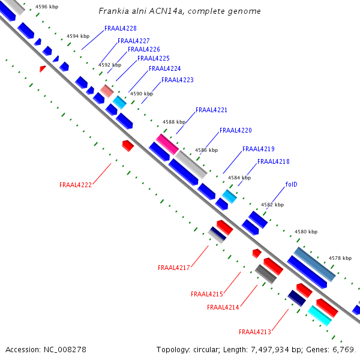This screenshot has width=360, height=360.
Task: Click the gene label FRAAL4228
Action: pyautogui.click(x=121, y=28)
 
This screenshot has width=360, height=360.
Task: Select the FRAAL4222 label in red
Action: pyautogui.click(x=76, y=185)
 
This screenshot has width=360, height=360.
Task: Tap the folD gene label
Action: pyautogui.click(x=291, y=184)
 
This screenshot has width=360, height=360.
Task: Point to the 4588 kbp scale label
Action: pyautogui.click(x=174, y=122)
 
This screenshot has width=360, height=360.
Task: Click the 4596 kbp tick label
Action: pyautogui.click(x=47, y=7)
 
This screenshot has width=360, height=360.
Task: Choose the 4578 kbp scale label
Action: pyautogui.click(x=340, y=258)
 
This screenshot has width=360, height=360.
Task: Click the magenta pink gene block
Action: pyautogui.click(x=167, y=144)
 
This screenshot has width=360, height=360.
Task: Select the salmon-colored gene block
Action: pyautogui.click(x=107, y=91)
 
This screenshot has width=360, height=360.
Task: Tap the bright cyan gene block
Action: pyautogui.click(x=320, y=316)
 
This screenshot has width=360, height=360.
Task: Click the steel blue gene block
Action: pyautogui.click(x=314, y=264)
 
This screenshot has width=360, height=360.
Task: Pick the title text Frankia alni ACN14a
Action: pyautogui.click(x=141, y=11)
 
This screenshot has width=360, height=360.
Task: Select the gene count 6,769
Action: pyautogui.click(x=343, y=349)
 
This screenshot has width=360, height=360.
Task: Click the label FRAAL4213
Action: pyautogui.click(x=255, y=332)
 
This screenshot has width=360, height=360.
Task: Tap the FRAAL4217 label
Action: pyautogui.click(x=174, y=268)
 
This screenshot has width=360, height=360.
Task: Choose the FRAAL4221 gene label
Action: pyautogui.click(x=211, y=110)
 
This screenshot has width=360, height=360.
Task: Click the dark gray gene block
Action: pyautogui.click(x=266, y=274)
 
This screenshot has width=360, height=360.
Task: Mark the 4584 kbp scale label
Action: pyautogui.click(x=239, y=178)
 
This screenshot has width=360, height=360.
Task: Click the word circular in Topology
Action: pyautogui.click(x=206, y=349)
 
